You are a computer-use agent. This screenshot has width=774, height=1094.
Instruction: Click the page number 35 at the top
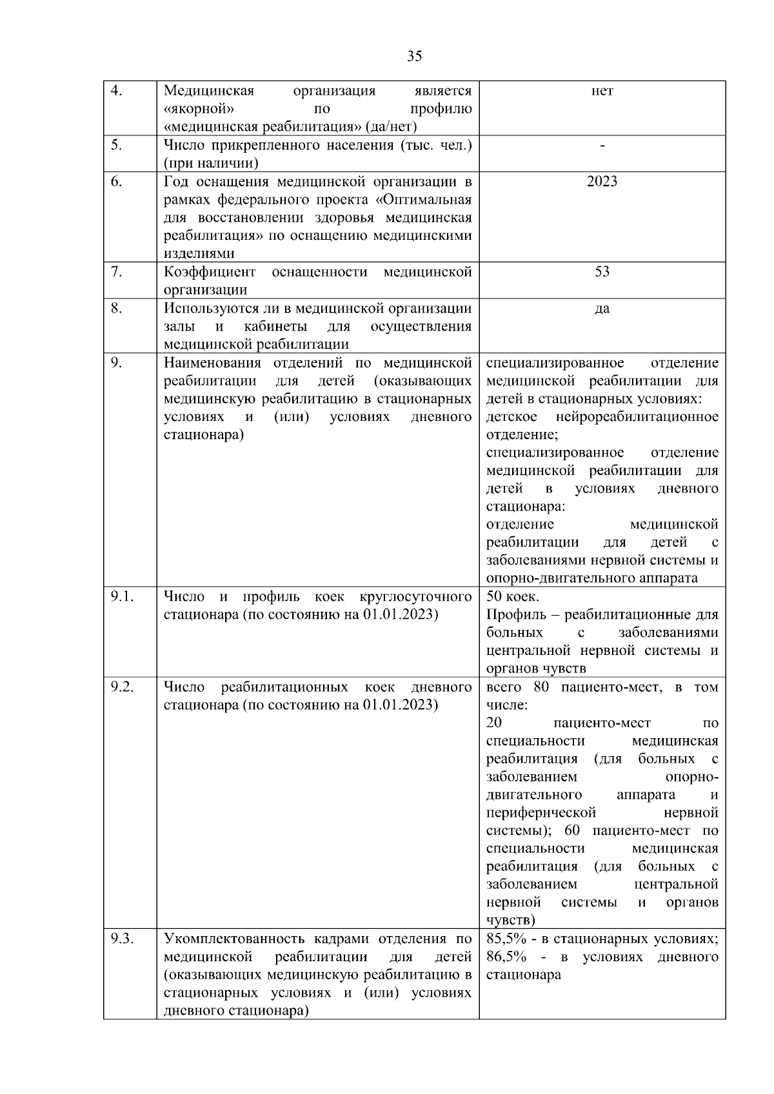pos(415,56)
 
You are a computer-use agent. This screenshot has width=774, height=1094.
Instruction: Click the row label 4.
pos(117,91)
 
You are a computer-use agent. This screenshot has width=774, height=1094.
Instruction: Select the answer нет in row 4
pos(602,91)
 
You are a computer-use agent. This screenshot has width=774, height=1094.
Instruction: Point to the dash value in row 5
pos(602,146)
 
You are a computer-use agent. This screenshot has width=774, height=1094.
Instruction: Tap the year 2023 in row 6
pos(602,182)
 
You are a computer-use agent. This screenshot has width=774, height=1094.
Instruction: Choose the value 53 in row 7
pos(602,272)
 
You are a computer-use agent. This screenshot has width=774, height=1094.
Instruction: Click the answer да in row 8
pos(602,308)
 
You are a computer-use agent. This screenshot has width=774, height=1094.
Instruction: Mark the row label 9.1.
pos(122,597)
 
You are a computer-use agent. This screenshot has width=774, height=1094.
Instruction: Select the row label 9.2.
pos(122,687)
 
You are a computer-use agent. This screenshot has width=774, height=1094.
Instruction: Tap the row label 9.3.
pos(122,939)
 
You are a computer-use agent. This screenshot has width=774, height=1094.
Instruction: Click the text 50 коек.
pos(513,597)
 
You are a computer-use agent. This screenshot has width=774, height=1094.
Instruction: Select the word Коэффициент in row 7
pos(210,272)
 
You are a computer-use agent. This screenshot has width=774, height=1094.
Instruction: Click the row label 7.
pos(117,272)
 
